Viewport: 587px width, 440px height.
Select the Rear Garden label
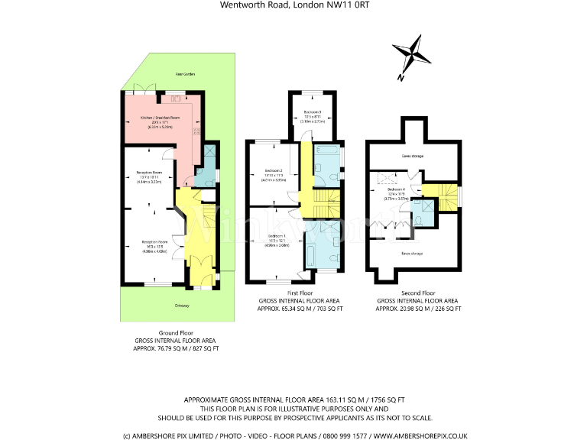(x=164, y=74)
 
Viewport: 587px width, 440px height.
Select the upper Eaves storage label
(x=412, y=156)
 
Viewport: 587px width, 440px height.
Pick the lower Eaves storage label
(x=412, y=252)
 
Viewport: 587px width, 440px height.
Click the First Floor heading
(x=294, y=293)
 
